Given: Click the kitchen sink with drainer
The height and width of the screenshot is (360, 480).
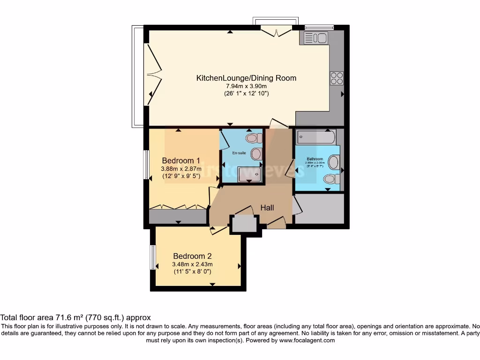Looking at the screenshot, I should tap(315, 38).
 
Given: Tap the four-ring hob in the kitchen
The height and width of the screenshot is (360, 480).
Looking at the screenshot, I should tap(337, 78).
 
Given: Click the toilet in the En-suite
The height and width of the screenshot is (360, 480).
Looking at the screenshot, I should tap(254, 138).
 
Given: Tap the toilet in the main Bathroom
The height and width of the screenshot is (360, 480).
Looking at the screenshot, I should tap(331, 179).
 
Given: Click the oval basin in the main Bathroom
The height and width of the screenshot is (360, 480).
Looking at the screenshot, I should tap(334, 163).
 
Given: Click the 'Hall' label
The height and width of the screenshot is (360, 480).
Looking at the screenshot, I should tap(267, 208).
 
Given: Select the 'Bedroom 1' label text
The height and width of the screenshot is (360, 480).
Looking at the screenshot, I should tap(180, 160).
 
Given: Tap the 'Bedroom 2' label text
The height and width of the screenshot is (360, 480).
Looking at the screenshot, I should tap(192, 256).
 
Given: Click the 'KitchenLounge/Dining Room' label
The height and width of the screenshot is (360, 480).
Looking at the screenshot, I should tap(246, 78).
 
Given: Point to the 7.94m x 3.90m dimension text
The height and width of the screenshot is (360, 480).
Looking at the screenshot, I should tap(246, 86).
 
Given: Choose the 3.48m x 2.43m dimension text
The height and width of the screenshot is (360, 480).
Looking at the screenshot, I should tap(192, 264).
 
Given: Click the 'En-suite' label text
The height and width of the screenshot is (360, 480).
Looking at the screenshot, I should tap(239, 153).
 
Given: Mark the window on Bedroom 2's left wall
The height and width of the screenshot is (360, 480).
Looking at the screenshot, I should tap(152, 257).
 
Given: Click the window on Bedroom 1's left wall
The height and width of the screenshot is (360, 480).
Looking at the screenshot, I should tap(146, 165).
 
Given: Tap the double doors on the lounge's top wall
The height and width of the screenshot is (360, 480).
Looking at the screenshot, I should tap(276, 31).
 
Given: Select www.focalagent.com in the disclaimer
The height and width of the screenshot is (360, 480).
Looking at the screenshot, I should tap(307, 340).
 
